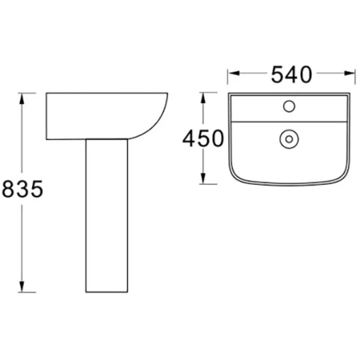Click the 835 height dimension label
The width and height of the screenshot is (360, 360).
22,189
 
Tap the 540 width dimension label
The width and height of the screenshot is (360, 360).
291,74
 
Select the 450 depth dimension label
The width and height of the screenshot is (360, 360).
203,138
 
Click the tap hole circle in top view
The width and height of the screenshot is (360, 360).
289,106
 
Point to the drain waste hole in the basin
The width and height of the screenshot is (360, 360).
289,139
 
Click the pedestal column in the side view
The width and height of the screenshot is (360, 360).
106,215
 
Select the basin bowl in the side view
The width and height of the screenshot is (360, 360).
106,116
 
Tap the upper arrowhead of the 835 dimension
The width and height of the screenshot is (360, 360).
22,98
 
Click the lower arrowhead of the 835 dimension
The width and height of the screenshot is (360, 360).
22,287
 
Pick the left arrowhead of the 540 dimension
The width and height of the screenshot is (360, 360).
234,73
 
